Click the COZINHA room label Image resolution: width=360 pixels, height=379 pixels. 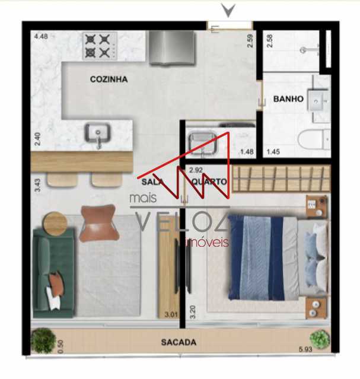click(109, 79)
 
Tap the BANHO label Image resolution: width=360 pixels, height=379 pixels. click(288, 98)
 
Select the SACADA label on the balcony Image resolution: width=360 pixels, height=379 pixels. click(179, 342)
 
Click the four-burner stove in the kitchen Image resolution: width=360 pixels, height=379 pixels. click(100, 46)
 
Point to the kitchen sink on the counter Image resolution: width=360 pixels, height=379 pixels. click(97, 134)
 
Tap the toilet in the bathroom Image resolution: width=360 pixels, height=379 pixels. click(313, 140)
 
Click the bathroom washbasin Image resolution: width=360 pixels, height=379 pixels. click(318, 100)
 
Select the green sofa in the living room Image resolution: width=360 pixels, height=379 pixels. click(53, 273)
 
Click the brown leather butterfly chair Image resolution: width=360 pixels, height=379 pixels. click(100, 224)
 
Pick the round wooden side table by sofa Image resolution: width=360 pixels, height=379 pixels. click(55, 224)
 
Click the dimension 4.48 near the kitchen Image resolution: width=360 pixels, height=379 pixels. click(41, 37)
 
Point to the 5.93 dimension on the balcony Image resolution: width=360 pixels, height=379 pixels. click(305, 349)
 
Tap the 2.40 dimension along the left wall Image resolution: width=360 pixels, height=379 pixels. click(38, 139)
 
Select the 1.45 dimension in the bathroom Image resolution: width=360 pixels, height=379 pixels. click(273, 152)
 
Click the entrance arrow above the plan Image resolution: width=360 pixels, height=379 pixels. click(228, 11)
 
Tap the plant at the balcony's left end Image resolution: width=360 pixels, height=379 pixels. click(43, 340)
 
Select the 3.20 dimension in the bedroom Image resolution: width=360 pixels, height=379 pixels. click(193, 312)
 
